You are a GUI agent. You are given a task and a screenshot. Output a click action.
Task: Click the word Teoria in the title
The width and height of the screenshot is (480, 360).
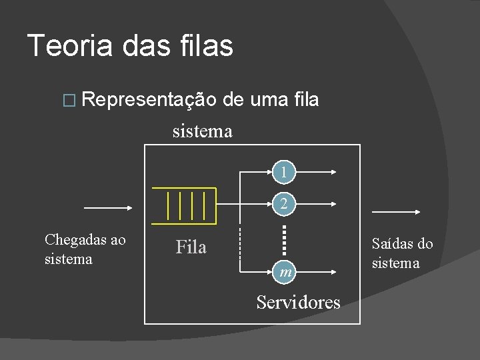(x=65, y=45)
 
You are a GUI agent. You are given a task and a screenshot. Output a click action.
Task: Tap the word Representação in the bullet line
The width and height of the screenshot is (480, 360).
(x=151, y=100)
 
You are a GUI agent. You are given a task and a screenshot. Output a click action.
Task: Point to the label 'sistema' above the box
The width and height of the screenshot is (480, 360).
(x=202, y=131)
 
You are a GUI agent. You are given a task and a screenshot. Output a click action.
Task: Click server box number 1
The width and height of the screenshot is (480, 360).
(x=284, y=171)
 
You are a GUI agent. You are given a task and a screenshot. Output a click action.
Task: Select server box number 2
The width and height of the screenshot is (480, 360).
(x=284, y=204)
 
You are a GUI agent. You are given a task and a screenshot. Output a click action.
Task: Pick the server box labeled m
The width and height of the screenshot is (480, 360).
(x=284, y=272)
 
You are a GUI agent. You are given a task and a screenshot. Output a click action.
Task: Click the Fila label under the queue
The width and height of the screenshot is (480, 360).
(x=191, y=247)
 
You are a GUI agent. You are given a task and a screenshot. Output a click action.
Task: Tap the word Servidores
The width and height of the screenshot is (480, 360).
(x=298, y=302)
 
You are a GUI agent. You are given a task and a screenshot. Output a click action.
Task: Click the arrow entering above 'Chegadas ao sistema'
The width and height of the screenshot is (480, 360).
(x=109, y=207)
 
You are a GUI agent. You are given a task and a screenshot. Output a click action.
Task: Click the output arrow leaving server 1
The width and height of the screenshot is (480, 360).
(x=315, y=171)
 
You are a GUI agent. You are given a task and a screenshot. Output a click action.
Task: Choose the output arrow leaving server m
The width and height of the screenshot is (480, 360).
(x=315, y=272)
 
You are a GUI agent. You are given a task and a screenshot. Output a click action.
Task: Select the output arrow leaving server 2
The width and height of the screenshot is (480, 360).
(x=315, y=204)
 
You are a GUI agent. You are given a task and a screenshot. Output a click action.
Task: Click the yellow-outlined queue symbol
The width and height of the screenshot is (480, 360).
(x=185, y=205)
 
